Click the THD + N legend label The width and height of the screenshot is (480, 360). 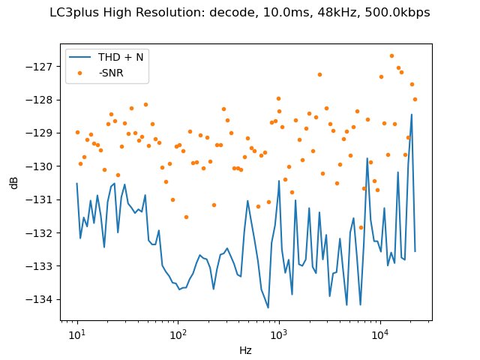[x=121, y=58]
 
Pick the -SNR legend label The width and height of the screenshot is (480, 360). [x=111, y=72]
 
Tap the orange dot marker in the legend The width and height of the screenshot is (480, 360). [x=81, y=72]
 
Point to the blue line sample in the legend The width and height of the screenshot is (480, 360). [x=81, y=58]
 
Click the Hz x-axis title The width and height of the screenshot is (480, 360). [x=245, y=350]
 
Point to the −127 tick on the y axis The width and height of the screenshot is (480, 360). [x=42, y=66]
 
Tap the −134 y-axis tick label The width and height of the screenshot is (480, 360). [x=42, y=299]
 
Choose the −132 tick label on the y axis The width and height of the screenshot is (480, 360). [x=42, y=232]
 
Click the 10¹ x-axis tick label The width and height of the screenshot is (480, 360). [x=76, y=334]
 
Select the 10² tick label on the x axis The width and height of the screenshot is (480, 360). [x=178, y=334]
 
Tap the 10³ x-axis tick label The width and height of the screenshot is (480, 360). [x=279, y=334]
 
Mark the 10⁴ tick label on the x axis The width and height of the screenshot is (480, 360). [x=380, y=334]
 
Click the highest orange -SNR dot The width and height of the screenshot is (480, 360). [x=391, y=55]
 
